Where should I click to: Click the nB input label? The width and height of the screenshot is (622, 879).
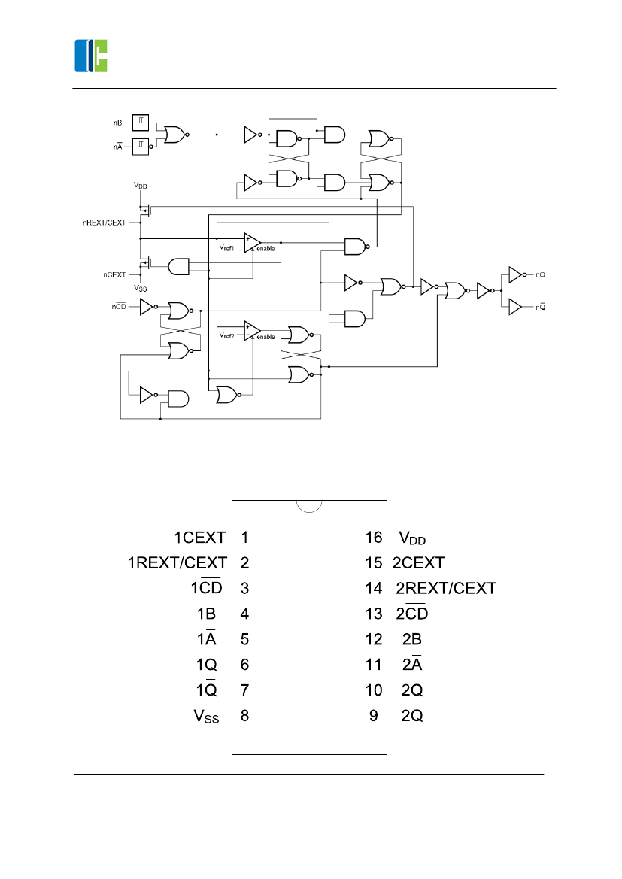coord(117,122)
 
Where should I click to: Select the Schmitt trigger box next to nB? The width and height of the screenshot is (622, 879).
coord(141,122)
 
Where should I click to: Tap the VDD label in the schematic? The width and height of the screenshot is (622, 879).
coord(141,185)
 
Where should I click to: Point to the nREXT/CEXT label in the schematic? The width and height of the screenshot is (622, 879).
coord(104,223)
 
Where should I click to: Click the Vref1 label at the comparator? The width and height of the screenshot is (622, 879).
coord(227,247)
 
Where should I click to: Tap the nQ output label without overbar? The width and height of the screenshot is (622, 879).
coord(540,275)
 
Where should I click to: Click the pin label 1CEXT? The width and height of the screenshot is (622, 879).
coord(200,538)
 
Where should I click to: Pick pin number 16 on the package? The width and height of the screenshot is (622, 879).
coord(374,538)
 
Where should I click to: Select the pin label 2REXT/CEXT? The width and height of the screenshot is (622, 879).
coord(446,589)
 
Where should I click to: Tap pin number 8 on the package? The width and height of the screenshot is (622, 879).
coord(244,716)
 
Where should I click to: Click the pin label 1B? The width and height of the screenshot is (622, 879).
coord(206,614)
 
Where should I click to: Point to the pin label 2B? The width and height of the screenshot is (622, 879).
coord(411,640)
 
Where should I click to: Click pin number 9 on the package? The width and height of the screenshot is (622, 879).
coord(374,716)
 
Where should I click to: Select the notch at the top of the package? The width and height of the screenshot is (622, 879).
coord(309,506)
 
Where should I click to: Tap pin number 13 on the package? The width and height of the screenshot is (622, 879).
coord(374,614)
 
